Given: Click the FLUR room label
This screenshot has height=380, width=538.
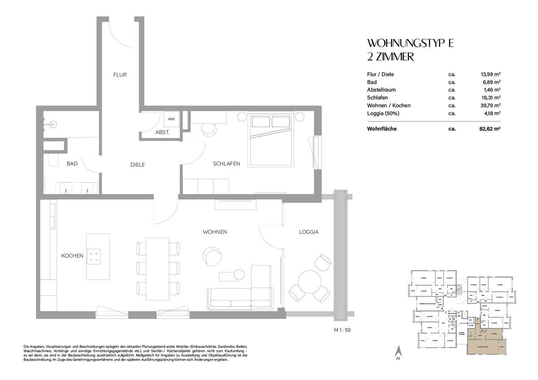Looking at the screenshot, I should pos(120,75).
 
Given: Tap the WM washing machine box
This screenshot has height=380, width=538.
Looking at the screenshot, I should pos(171,119).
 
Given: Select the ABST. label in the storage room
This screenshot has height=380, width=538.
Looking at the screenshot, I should pos(162,133).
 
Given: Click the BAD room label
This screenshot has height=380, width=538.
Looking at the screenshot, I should pos(72,164).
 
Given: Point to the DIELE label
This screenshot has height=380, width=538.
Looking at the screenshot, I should pos(137,164).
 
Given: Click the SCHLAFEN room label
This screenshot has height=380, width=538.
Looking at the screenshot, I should pos(226,164).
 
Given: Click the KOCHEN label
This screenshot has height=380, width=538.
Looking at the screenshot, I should pos(72,256).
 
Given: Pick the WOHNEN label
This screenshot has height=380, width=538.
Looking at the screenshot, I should pos(215,232).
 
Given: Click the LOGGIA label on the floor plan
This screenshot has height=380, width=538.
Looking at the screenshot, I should pos(308,232).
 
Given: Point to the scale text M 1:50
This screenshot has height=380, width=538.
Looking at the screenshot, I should pos(342,330).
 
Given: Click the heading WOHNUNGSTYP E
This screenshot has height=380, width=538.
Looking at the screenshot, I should pos(411,43).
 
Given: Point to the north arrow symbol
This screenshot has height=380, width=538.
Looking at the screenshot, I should pos(397,353).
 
